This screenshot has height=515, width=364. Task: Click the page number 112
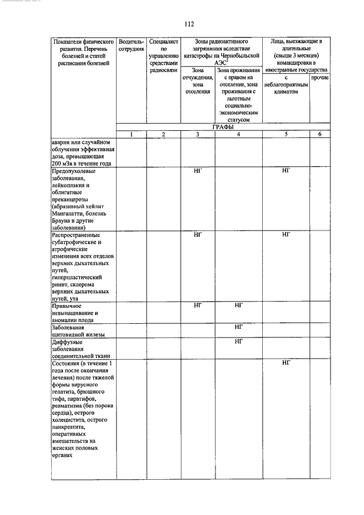189,24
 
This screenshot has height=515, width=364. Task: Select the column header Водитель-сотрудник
131,46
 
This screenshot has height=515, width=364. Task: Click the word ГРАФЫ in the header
224,127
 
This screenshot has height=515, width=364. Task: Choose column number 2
164,134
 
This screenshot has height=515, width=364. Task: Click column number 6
320,134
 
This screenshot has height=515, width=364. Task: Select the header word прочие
320,77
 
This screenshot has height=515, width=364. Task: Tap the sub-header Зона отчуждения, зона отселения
198,84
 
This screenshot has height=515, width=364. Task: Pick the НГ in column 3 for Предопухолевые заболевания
198,170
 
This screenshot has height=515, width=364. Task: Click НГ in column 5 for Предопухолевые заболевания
286,170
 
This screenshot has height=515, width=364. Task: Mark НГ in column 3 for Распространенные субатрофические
198,234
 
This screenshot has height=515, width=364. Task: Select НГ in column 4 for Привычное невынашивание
238,305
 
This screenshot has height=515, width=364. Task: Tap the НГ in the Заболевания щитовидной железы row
238,327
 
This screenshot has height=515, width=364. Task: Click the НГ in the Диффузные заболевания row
238,341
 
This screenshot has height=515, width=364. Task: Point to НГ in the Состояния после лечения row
286,363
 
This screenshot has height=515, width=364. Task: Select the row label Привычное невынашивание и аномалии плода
77,312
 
